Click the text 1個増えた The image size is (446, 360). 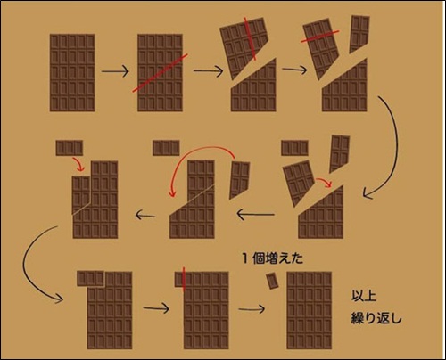273,258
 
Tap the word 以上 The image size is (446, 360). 364,296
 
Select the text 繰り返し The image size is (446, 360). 376,317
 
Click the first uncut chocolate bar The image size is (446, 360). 72,73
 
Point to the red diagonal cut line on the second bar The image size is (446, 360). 160,73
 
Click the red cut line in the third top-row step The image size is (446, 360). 250,38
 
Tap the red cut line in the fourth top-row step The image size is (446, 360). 320,36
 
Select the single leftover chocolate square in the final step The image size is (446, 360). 272,281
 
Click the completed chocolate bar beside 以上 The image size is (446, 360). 310,310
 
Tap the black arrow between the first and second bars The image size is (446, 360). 115,71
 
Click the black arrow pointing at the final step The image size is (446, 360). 252,309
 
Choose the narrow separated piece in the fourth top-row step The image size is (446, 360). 359,34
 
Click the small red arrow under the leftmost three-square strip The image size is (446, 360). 78,164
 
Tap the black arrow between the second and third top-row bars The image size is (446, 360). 208,70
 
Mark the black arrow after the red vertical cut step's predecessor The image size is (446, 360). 156,308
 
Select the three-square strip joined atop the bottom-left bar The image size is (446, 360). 90,279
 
